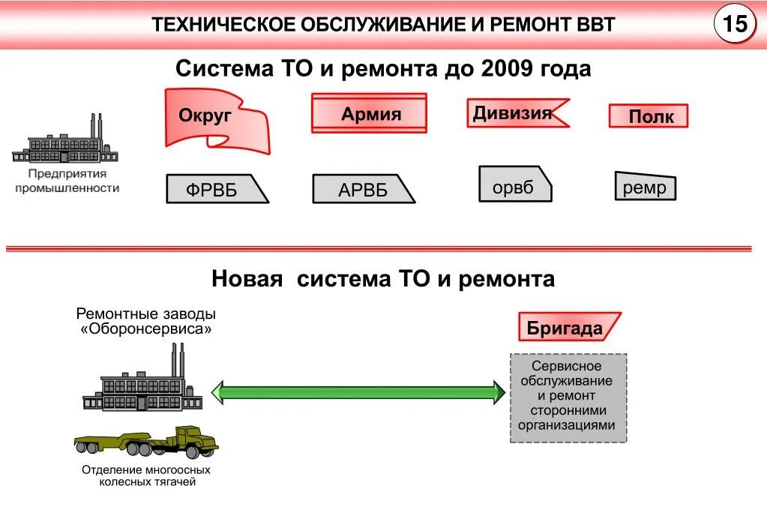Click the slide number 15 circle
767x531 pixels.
734,25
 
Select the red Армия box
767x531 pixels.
369,113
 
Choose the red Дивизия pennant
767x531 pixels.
514,113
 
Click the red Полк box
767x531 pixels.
648,116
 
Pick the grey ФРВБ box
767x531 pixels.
216,189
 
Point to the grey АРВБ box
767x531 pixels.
363,189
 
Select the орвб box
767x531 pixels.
514,184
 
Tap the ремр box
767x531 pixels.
645,187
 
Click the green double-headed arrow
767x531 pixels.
358,391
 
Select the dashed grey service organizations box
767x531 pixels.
568,397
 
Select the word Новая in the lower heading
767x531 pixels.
247,280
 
